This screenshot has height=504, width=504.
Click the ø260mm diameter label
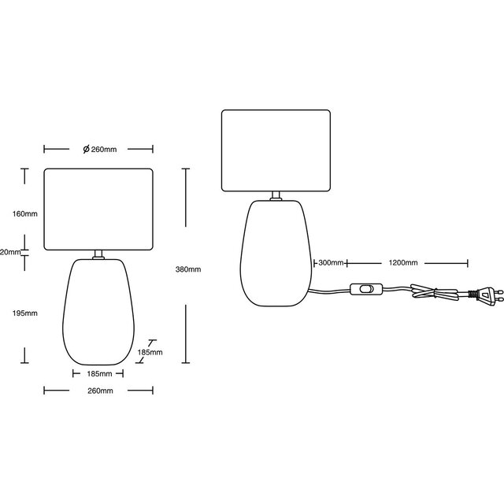99,150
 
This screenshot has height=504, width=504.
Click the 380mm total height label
190,269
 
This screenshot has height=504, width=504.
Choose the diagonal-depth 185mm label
150,352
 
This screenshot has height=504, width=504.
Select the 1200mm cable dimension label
402,262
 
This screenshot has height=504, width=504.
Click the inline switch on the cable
368,289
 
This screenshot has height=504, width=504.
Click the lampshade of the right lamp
276,151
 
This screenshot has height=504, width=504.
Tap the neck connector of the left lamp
98,254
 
